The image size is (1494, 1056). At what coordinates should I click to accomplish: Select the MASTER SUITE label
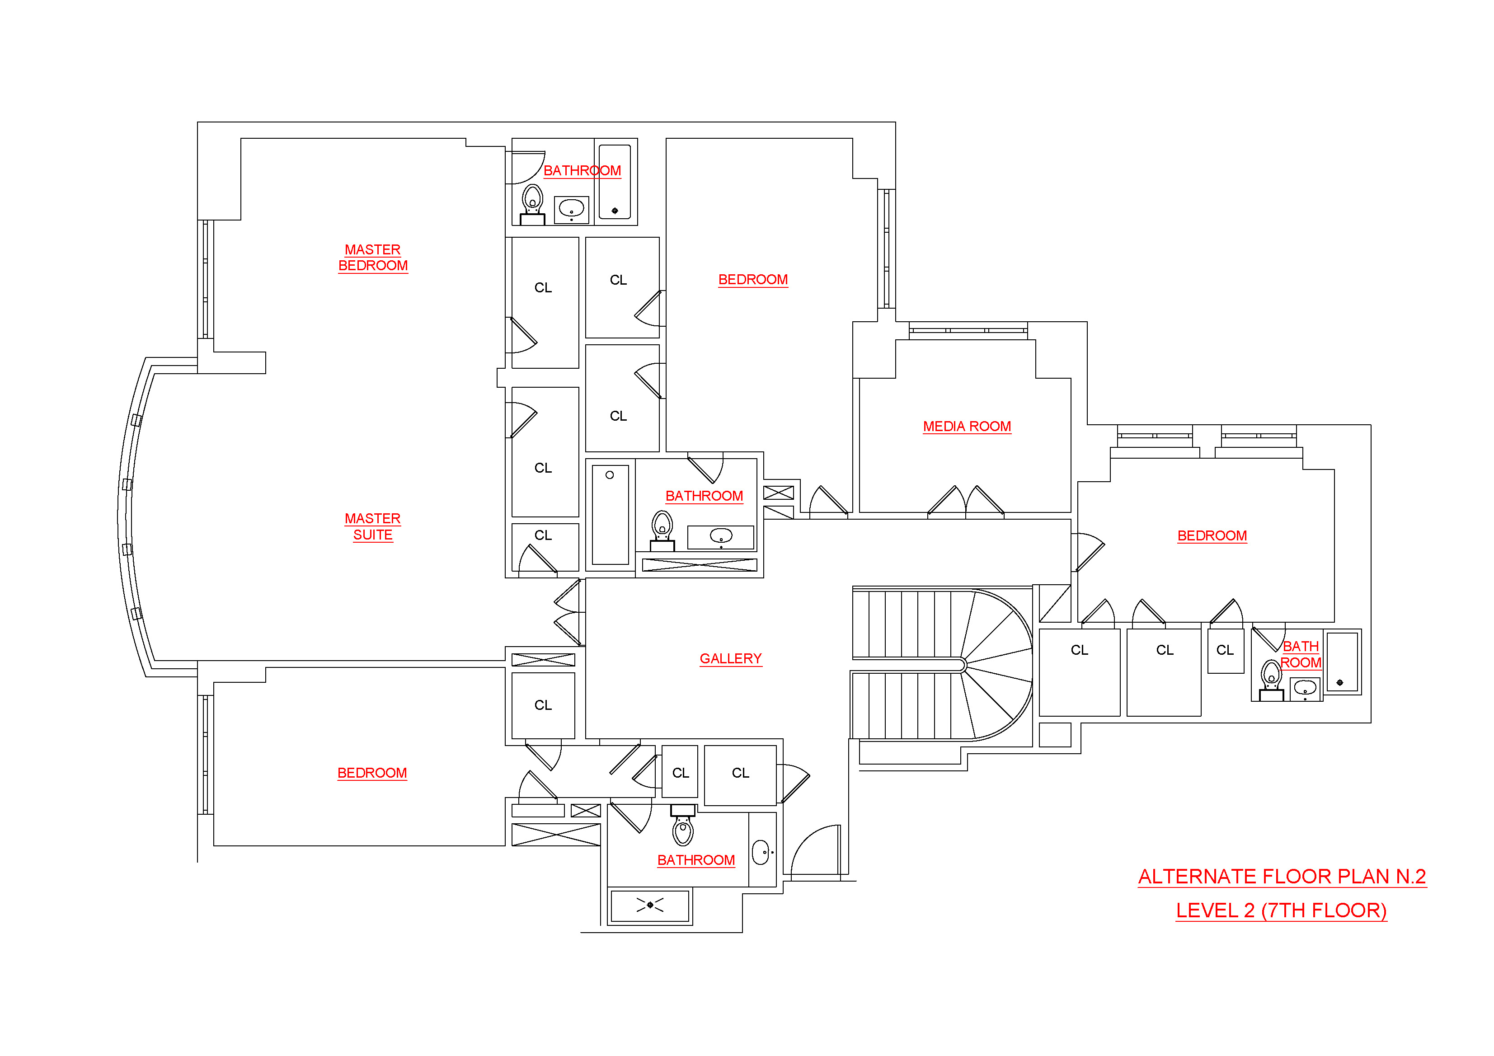(372, 526)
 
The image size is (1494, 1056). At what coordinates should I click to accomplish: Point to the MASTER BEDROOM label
(373, 258)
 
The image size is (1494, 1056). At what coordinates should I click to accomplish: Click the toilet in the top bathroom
(532, 202)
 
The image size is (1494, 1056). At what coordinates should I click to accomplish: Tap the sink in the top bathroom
(571, 208)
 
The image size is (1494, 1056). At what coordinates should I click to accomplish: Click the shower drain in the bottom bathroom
(649, 904)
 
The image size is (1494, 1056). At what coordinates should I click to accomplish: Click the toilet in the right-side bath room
(1271, 677)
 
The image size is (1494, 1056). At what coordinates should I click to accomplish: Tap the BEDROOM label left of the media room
(753, 280)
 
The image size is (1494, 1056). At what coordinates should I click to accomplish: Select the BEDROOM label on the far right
(1212, 535)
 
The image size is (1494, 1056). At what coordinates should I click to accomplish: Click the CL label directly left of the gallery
(543, 705)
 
